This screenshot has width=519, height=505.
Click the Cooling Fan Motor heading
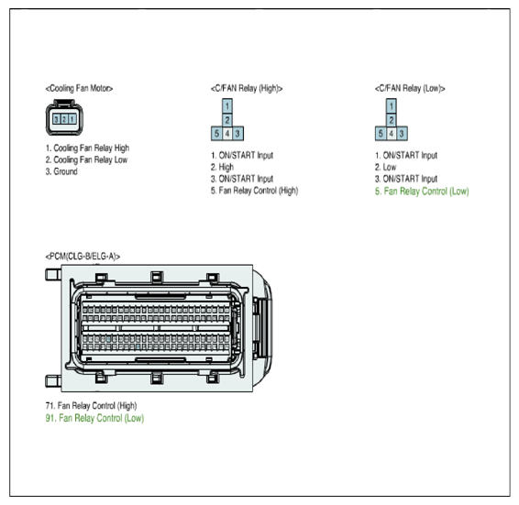click(x=79, y=88)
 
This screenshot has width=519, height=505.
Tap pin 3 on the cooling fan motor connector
click(x=56, y=119)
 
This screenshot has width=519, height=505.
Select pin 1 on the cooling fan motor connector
click(x=72, y=119)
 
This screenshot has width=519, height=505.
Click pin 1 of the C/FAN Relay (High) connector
click(x=227, y=106)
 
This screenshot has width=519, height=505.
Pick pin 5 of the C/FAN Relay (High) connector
click(x=216, y=134)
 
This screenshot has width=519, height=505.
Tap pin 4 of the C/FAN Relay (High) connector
click(x=227, y=134)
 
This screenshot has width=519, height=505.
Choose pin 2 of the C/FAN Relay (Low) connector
click(x=392, y=120)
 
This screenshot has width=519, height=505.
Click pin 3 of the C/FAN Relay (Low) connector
click(x=402, y=134)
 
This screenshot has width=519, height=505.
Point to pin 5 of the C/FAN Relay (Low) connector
click(x=381, y=134)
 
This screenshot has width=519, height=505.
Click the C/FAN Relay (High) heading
click(x=247, y=88)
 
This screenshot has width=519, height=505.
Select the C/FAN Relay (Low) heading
click(x=410, y=88)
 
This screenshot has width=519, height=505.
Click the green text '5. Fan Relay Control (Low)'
click(x=422, y=192)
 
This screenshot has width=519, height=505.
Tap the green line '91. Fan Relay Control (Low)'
click(x=94, y=418)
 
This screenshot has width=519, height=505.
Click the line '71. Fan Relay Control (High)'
click(x=91, y=406)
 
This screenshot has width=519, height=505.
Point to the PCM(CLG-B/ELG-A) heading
click(x=83, y=257)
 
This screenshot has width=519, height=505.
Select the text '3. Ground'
click(x=61, y=171)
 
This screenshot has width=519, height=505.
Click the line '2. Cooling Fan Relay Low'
click(x=86, y=159)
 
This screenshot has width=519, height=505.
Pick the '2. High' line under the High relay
click(x=222, y=167)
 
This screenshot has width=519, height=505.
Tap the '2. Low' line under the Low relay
click(x=386, y=167)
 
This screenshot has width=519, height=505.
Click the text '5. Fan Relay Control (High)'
click(x=255, y=191)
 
